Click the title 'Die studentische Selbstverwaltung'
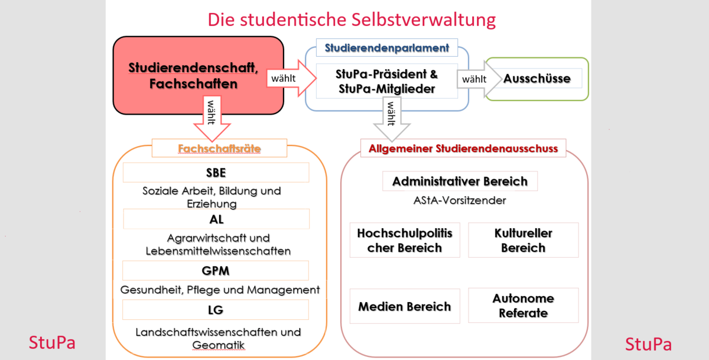pos(352,20)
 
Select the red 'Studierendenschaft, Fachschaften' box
pos(198,75)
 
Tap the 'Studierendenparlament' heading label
pos(387,48)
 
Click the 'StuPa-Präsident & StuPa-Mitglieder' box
pos(387,81)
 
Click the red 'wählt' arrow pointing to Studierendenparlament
pos(291,78)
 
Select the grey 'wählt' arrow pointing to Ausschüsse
pos(479,79)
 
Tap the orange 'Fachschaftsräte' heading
pos(219,148)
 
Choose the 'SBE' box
pos(216,173)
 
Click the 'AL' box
pos(216,219)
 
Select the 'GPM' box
pos(216,270)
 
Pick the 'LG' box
pos(216,310)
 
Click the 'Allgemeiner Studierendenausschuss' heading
pos(463,148)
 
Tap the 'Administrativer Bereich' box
pos(460,181)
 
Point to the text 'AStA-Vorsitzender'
pos(460,200)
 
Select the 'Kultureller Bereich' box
pos(523,240)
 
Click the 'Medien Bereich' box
pos(405,306)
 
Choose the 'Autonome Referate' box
pos(523,305)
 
